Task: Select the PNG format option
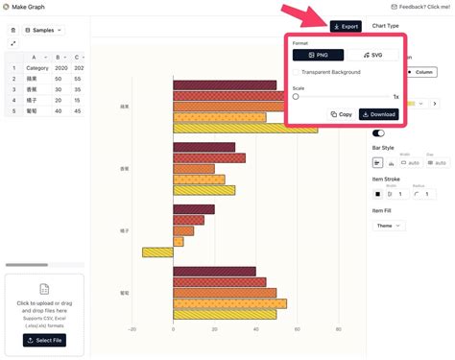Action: click(318, 56)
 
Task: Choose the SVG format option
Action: click(371, 56)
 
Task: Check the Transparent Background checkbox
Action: click(298, 72)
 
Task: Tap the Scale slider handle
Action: click(296, 96)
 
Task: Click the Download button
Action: click(378, 114)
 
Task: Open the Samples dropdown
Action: click(44, 30)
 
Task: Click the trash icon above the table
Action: click(12, 30)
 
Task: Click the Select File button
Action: click(44, 340)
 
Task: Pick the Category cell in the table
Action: click(37, 68)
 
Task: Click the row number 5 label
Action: click(13, 110)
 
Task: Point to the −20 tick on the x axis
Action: click(132, 329)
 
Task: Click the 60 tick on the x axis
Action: click(297, 329)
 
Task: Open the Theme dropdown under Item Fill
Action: click(388, 226)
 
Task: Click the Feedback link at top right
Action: click(423, 6)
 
